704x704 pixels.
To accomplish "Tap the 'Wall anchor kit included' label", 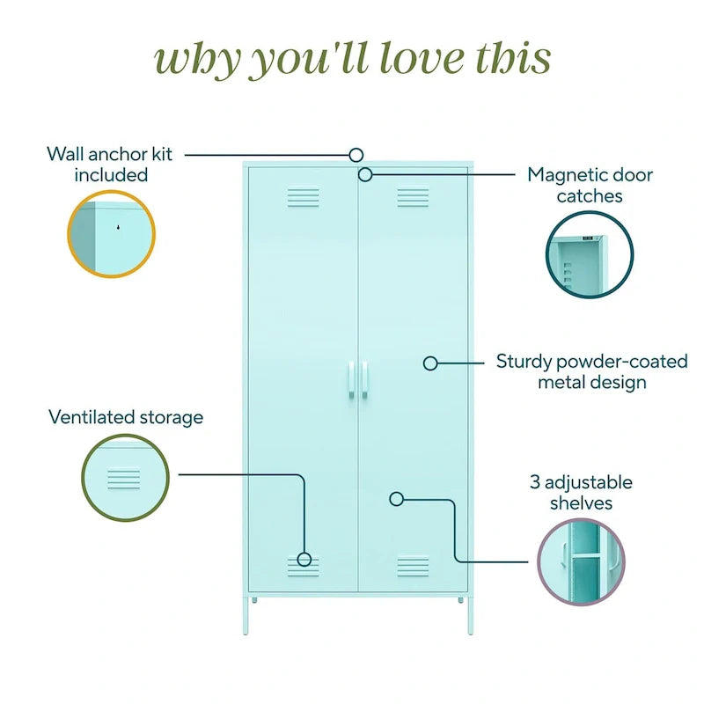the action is (110, 165).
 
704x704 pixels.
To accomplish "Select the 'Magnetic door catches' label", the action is (590, 185).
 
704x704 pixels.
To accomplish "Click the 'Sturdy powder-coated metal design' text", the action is (591, 371).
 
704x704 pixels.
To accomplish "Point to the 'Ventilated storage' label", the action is (126, 417).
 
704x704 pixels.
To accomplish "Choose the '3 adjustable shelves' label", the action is (581, 493).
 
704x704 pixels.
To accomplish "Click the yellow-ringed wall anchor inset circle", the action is (112, 234).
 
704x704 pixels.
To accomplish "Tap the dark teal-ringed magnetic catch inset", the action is (590, 254).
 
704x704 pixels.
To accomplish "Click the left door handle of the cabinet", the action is (351, 379).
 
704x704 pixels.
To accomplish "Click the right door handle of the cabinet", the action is (364, 379).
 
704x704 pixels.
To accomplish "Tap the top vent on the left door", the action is (304, 197).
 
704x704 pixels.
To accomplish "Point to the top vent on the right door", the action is (413, 197).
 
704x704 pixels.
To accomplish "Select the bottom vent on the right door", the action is (413, 567).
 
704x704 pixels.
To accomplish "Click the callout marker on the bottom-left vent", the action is (304, 560).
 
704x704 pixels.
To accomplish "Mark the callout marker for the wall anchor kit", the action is (356, 155).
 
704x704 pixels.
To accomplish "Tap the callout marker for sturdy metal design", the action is (430, 363).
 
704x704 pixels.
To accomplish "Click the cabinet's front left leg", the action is (246, 615).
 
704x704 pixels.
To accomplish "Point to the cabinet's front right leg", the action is (471, 615).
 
